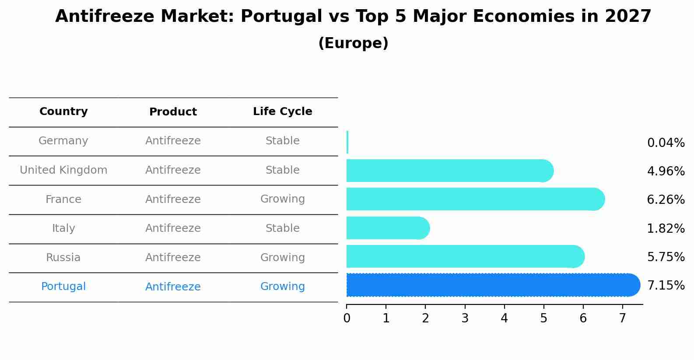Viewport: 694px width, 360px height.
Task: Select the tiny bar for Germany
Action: tap(347, 142)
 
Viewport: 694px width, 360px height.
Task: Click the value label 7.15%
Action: tap(666, 286)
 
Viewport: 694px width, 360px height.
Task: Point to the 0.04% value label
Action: tap(666, 143)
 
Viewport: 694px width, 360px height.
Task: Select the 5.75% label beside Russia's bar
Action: tap(666, 257)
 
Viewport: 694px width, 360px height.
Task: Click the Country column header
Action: tap(63, 112)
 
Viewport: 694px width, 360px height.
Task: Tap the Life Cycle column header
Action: tap(282, 112)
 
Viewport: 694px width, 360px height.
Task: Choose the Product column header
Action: tap(173, 112)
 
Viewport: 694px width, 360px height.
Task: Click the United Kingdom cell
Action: tap(63, 170)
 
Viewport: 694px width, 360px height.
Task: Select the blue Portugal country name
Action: tap(63, 287)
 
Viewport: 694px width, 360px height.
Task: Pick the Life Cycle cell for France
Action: tap(282, 199)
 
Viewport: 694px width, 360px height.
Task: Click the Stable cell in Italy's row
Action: tap(282, 228)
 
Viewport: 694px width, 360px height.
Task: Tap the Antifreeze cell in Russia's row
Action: tap(173, 258)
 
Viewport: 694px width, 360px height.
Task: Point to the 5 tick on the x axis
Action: tap(543, 318)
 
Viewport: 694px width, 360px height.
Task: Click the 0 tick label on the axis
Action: tap(347, 318)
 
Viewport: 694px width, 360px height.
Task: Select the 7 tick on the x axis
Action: tap(622, 318)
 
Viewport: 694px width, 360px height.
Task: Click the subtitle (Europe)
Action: tap(353, 43)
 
